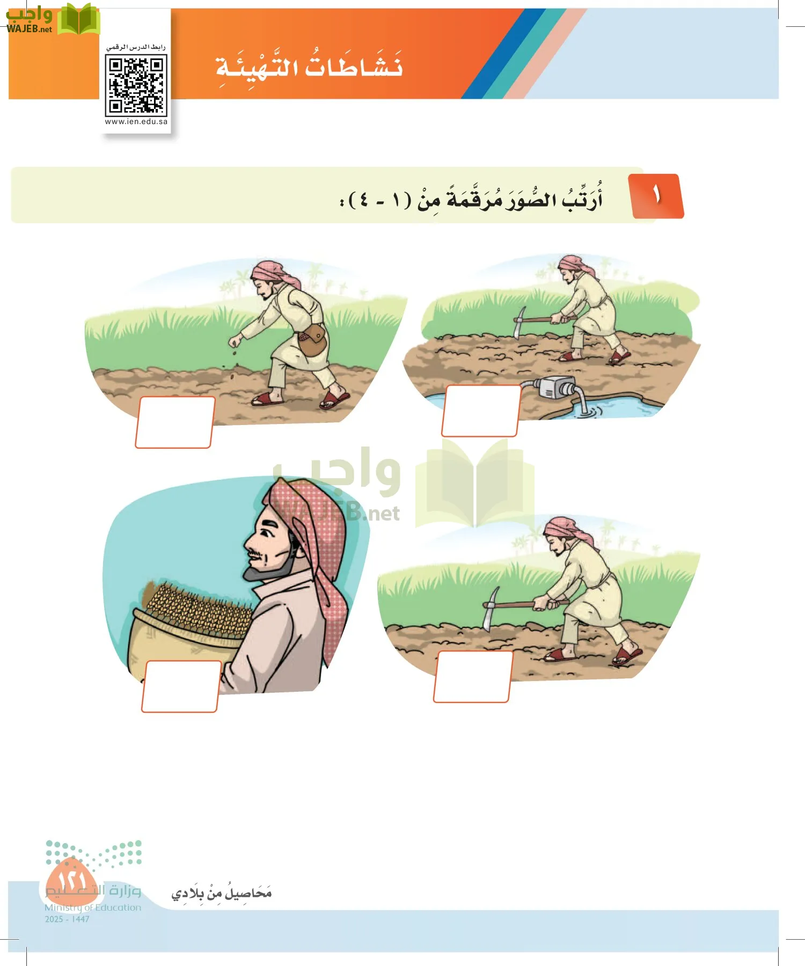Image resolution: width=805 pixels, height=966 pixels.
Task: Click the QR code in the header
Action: [x=136, y=86]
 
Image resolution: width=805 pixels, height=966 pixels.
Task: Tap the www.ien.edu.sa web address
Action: [x=136, y=122]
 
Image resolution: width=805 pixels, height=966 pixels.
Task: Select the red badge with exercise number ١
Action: [x=657, y=196]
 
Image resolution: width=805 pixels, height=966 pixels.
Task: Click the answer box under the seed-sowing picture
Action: [x=174, y=422]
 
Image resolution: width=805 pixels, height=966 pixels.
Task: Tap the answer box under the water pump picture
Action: [x=481, y=411]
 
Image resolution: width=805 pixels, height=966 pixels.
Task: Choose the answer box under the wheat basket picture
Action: [x=181, y=686]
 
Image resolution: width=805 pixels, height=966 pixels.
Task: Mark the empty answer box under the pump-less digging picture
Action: [x=472, y=676]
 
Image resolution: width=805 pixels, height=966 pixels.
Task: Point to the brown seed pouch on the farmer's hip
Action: [x=313, y=340]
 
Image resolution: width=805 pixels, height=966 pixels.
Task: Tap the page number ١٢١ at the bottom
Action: [x=71, y=879]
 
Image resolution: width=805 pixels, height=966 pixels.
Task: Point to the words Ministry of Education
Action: [x=92, y=908]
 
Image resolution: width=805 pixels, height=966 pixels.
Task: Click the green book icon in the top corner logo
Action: [x=78, y=19]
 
